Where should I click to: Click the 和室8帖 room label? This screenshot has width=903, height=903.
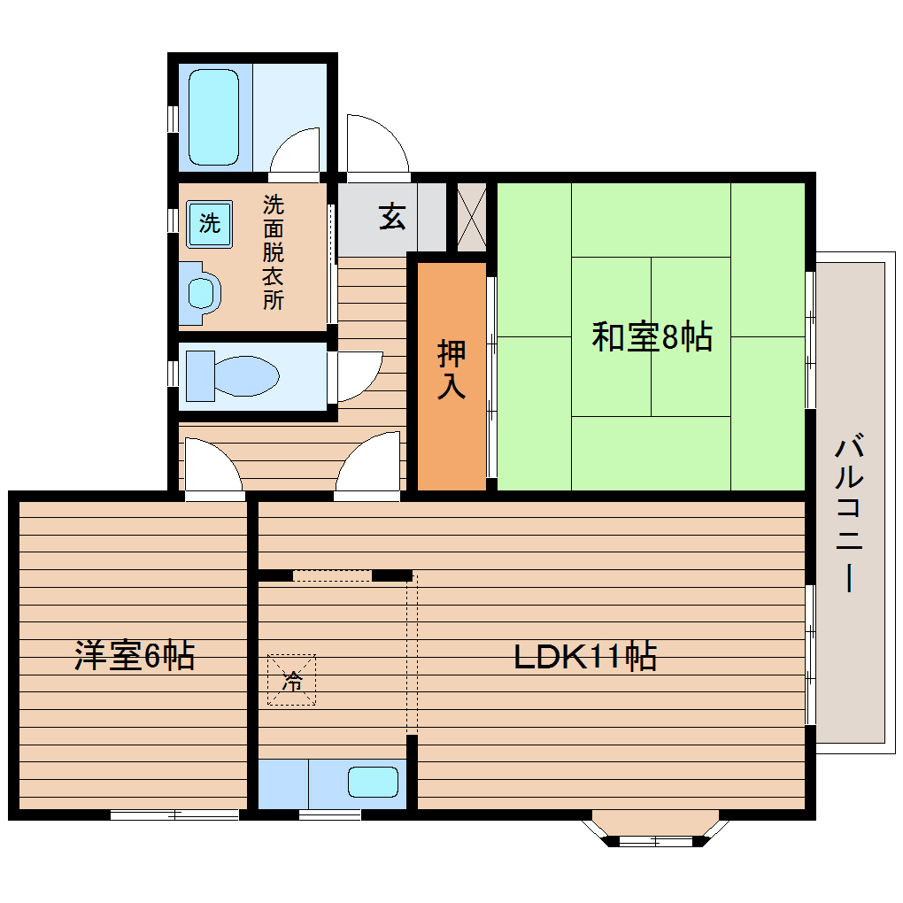(x=652, y=337)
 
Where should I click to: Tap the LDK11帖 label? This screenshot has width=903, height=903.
(x=585, y=656)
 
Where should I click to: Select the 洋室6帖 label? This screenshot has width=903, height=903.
(x=134, y=656)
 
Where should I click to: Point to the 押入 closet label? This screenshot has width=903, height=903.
(x=451, y=370)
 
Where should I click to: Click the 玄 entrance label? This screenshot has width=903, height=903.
(x=392, y=216)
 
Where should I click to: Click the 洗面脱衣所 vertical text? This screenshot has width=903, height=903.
(x=273, y=252)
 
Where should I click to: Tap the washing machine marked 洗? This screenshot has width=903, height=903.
(x=209, y=222)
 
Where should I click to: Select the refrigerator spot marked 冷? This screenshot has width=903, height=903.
(x=291, y=680)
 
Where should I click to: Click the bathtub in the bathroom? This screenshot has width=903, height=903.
(x=214, y=118)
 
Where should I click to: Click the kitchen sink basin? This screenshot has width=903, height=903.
(x=373, y=783)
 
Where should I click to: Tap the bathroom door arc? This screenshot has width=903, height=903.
(x=295, y=150)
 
